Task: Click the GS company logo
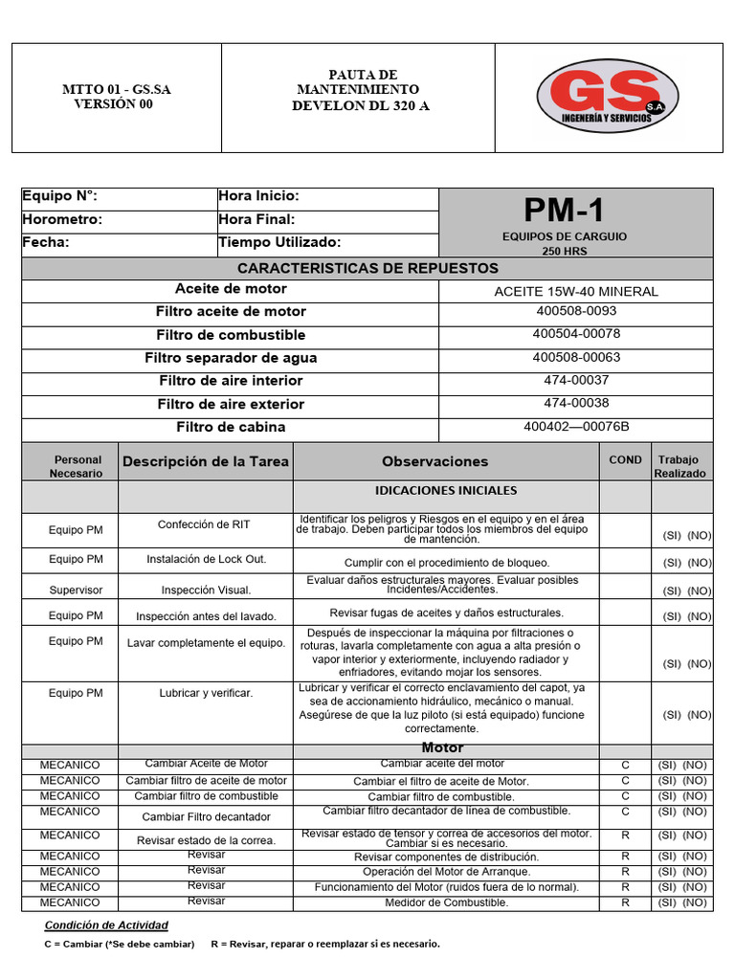[608, 97]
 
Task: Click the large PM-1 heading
[564, 210]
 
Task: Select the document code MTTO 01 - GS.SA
[117, 90]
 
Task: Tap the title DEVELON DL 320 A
[361, 105]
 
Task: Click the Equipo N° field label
[60, 196]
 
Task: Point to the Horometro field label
[62, 219]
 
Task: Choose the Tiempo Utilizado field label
[279, 242]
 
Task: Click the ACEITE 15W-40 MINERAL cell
[575, 291]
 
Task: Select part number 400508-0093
[576, 311]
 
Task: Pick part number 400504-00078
[576, 334]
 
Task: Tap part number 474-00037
[576, 380]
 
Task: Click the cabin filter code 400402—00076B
[576, 427]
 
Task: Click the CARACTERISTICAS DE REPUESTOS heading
[367, 268]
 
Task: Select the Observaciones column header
[434, 461]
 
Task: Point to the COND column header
[625, 460]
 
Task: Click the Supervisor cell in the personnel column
[76, 590]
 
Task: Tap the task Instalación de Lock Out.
[206, 559]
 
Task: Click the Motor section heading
[442, 747]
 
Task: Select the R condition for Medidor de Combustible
[625, 902]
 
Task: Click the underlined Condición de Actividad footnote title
[106, 924]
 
